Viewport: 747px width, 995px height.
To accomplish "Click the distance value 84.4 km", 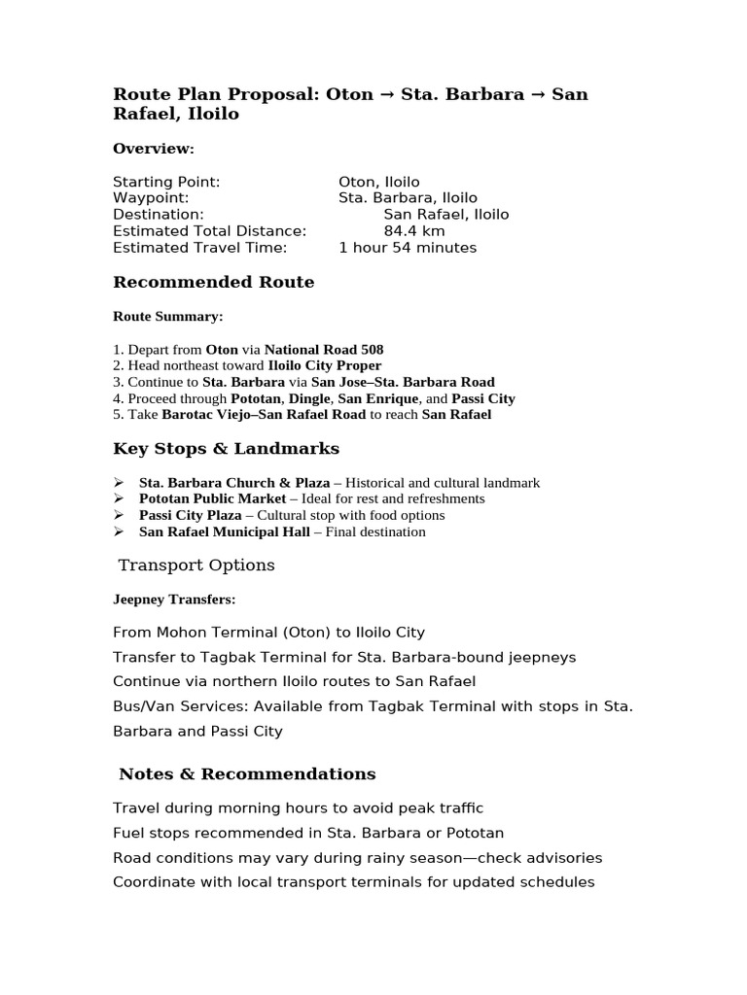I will point(414,231).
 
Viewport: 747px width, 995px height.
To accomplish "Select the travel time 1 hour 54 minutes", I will point(408,248).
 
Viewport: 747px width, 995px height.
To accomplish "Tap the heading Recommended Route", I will point(214,283).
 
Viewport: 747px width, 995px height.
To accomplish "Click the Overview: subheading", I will point(154,149).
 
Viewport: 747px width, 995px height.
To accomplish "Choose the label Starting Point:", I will point(166,182).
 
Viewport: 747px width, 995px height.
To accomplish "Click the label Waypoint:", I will point(151,198).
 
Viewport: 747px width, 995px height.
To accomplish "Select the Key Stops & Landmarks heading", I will point(227,449).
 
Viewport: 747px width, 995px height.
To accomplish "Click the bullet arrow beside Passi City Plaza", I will point(119,515).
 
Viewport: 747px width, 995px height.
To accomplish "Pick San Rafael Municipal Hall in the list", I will point(225,532).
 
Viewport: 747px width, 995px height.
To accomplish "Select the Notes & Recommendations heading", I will point(247,774).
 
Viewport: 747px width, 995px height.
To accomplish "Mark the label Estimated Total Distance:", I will point(210,231).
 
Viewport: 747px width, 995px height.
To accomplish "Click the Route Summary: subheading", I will point(167,317).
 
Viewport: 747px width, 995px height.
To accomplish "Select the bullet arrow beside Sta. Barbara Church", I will point(119,482).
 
